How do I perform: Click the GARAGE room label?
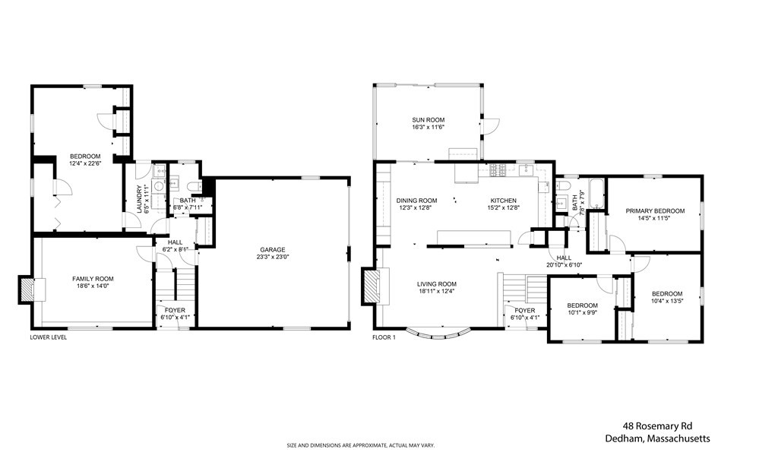273,250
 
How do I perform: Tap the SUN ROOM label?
429,119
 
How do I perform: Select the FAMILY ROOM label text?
93,279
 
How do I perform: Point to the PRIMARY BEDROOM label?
655,211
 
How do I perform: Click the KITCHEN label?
504,201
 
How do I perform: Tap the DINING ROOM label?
417,201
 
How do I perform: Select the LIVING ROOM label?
437,284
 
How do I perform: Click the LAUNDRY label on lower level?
140,199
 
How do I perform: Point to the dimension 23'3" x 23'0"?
273,257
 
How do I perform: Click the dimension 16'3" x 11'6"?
429,127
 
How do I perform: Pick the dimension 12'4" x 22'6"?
85,163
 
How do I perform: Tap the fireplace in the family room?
27,289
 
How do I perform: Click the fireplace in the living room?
371,286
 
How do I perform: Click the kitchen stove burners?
497,170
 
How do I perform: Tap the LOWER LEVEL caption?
48,337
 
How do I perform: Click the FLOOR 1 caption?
384,337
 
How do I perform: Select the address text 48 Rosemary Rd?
657,425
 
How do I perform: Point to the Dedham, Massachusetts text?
657,438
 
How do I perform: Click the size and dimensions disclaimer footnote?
361,446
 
